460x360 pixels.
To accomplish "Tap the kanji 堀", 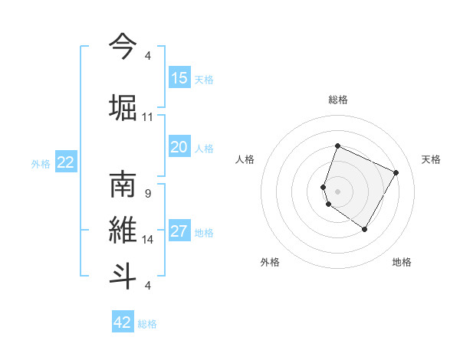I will coord(123,106).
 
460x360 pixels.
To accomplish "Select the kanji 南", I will coord(123,186).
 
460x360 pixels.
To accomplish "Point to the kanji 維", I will coord(123,231).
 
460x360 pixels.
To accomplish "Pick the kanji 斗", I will coord(123,275).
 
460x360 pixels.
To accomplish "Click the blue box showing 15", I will coord(179,78).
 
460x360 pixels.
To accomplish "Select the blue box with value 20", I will coord(179,147).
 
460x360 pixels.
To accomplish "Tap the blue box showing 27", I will coord(179,232).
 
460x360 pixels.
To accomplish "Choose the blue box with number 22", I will coord(66,162).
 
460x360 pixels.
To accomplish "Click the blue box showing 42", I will coord(123,322).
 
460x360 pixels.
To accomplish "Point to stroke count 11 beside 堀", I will coord(148,117).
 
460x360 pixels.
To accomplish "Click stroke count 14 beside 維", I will coord(148,240).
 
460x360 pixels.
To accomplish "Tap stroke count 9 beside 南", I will coord(148,193).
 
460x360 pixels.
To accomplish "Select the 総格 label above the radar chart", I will coord(338,100).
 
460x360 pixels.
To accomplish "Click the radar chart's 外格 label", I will coord(270,262).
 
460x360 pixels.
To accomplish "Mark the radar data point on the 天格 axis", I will coord(396,172).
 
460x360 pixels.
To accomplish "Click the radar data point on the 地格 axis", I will coord(365,229).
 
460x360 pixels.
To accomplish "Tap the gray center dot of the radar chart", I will coord(337,191).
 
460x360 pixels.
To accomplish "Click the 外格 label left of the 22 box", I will coord(41,163).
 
